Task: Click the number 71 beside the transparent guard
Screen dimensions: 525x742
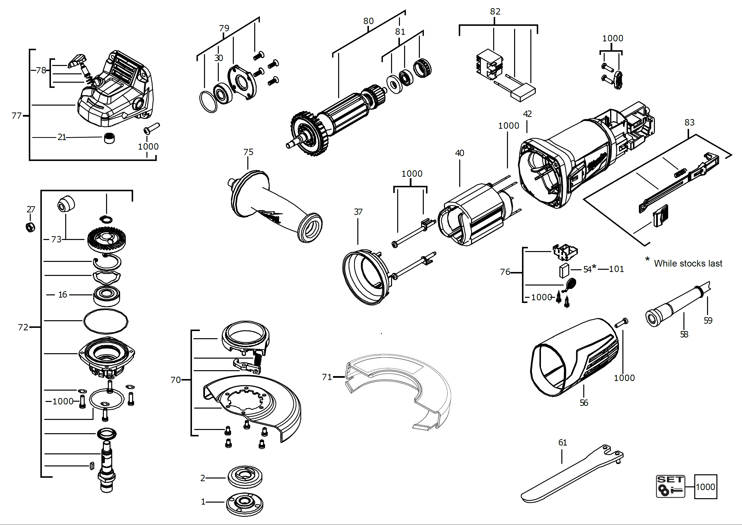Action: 327,377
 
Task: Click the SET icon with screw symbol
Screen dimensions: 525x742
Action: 670,486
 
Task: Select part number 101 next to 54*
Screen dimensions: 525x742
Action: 616,269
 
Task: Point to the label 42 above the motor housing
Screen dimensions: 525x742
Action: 527,114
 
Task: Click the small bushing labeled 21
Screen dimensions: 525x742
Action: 109,138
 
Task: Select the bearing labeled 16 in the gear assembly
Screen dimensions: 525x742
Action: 107,295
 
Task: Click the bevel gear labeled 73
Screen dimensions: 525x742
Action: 107,239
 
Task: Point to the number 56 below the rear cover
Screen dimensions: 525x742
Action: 584,403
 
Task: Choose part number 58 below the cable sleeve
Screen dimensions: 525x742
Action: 684,334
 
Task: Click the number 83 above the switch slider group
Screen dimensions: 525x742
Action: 689,123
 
